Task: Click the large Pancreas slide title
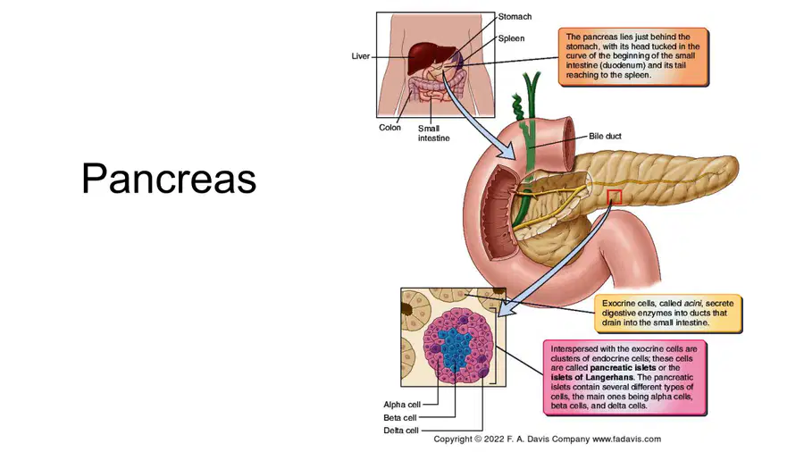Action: (169, 179)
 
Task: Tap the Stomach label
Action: (515, 16)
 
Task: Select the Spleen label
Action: (511, 38)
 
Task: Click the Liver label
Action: (361, 56)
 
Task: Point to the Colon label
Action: (389, 128)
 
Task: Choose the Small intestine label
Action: (434, 133)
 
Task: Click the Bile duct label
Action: (605, 137)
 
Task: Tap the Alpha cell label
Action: (402, 405)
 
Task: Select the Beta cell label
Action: (400, 418)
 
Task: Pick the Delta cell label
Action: (401, 431)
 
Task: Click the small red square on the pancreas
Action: (615, 197)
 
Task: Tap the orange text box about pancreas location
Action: (633, 56)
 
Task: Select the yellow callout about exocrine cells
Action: (668, 314)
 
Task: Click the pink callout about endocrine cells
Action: (624, 377)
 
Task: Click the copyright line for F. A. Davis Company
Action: (547, 439)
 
